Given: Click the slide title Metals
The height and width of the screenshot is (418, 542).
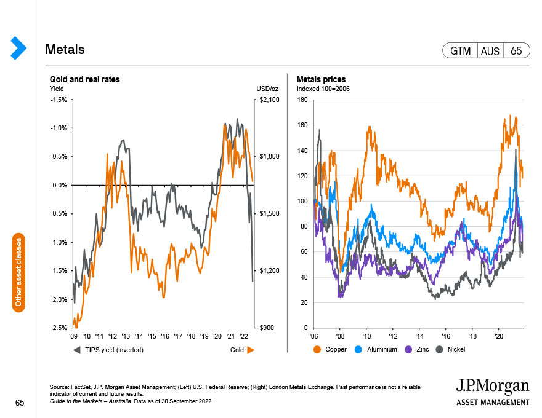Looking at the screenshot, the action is (x=65, y=50).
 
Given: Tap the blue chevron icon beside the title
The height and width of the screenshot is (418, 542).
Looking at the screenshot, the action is (x=18, y=48).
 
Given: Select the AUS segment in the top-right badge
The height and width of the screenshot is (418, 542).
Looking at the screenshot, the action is (x=490, y=51).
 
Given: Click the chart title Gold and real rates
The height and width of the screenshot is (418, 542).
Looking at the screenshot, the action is (x=85, y=79).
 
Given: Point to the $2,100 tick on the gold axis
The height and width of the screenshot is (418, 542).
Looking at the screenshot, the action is (x=269, y=100).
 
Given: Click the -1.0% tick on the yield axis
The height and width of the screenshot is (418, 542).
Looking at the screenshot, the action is (x=59, y=128).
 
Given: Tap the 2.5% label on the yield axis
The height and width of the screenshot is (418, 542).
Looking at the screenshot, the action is (x=60, y=328).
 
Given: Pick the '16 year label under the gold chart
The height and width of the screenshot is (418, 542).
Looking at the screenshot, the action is (x=165, y=336).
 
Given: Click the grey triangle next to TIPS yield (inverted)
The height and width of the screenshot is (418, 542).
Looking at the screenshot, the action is (x=77, y=350).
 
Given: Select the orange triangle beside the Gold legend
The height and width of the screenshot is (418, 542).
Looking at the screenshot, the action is (x=251, y=350).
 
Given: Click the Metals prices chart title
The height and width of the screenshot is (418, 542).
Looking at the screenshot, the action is (x=321, y=79).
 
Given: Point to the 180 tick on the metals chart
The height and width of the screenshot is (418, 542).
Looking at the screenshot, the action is (x=302, y=100).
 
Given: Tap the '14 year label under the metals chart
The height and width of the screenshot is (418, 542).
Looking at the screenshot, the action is (x=419, y=336).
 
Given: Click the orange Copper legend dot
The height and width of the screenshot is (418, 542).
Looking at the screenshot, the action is (x=317, y=350).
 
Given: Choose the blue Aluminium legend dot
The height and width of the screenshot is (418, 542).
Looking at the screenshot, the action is (x=358, y=350).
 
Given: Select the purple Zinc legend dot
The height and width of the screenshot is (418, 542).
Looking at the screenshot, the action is (x=408, y=350).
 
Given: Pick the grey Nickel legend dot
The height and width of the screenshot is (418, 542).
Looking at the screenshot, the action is (x=439, y=350).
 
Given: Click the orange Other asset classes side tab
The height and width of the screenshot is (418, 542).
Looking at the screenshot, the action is (x=18, y=272).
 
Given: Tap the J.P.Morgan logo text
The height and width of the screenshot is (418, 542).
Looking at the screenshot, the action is (x=493, y=386).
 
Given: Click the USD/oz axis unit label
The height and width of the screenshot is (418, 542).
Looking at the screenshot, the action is (x=267, y=89).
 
